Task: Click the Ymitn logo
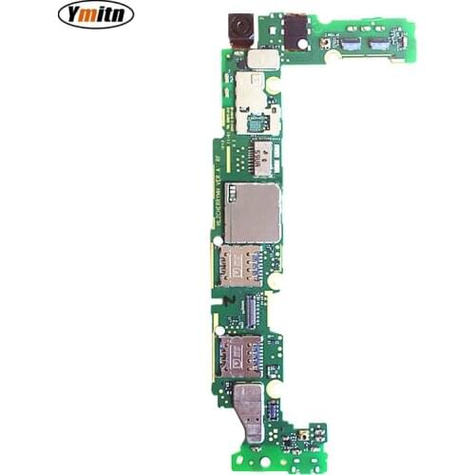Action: point(96,13)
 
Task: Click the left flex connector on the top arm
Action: point(351,43)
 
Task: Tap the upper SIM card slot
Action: point(241,269)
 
